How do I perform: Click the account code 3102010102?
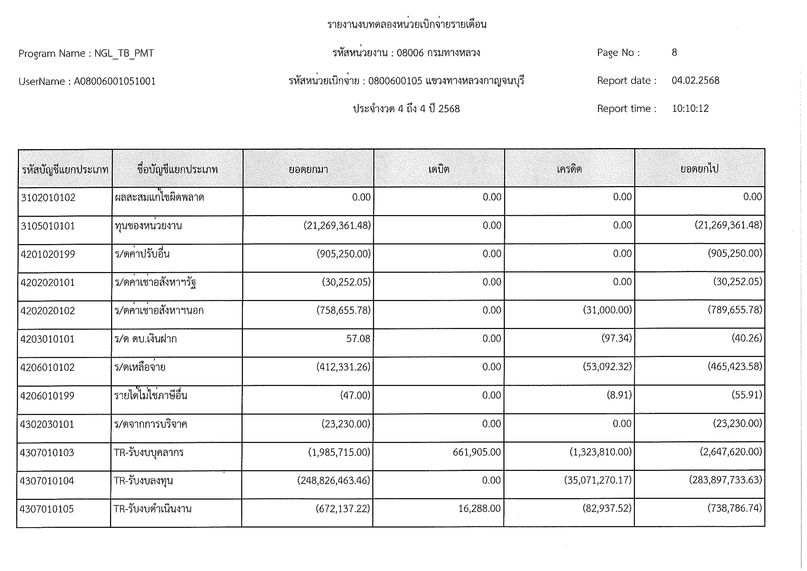coord(48,198)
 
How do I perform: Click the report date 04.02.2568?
coord(695,81)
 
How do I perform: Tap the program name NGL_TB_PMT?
coord(124,53)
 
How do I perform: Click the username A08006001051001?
coord(115,82)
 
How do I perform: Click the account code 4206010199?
coord(47,396)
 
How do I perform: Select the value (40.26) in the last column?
coord(747,338)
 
